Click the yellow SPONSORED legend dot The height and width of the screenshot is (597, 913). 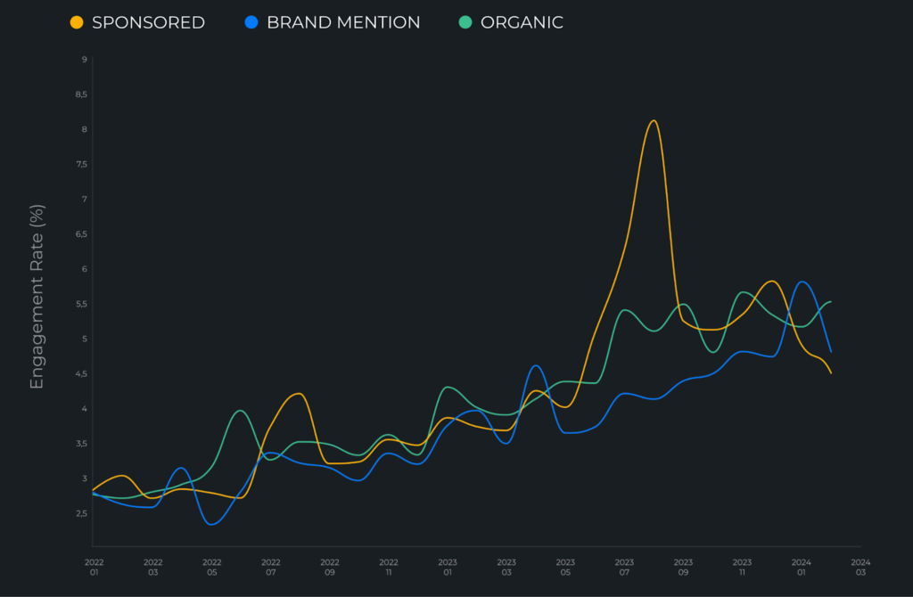(x=77, y=22)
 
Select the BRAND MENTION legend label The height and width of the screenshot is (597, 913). (x=343, y=22)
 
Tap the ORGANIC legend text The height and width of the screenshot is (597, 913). (x=522, y=22)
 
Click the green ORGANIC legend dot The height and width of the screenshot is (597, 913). (x=465, y=22)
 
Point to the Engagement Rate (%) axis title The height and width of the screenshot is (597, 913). (x=37, y=297)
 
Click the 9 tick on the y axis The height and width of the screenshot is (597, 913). (x=84, y=59)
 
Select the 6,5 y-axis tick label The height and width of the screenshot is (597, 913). (x=82, y=234)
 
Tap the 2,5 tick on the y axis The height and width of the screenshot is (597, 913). (x=82, y=513)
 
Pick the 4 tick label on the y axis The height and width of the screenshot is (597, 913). (x=84, y=409)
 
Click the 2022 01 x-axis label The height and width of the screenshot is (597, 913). (x=94, y=568)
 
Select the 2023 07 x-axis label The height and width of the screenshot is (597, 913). (x=624, y=568)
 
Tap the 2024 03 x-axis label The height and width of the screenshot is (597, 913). (x=860, y=568)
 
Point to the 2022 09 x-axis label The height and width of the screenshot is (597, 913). (x=330, y=568)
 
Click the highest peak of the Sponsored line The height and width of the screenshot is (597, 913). (x=654, y=120)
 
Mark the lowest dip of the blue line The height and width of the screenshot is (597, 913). (x=211, y=524)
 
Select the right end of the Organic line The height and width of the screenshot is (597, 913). (x=831, y=302)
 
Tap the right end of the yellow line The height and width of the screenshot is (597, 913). (x=831, y=372)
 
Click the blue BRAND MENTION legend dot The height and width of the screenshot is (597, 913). (x=251, y=22)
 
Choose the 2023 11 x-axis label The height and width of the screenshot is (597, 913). (x=742, y=568)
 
